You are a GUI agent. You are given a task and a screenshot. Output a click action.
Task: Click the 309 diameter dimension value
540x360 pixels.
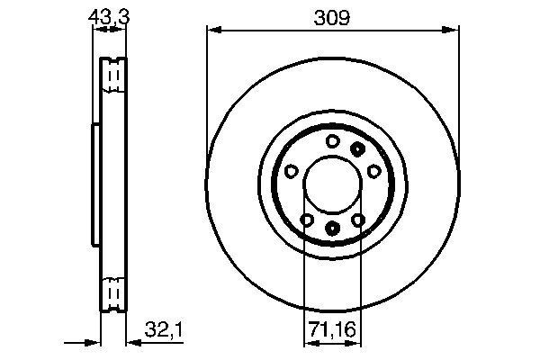[330, 16]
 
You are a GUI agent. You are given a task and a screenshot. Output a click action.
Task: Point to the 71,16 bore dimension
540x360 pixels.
[331, 329]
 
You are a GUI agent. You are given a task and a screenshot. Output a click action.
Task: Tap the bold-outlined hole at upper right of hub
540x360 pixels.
[358, 148]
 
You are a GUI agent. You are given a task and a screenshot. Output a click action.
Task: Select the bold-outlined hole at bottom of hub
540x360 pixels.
[332, 229]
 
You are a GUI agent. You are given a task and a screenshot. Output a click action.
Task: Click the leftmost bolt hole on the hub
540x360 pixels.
[291, 171]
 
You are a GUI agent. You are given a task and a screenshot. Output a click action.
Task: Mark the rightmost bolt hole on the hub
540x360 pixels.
[373, 171]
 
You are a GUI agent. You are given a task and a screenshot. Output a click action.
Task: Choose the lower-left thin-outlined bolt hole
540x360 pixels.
[306, 220]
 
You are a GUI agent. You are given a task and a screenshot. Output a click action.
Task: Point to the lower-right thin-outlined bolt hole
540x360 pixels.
[358, 220]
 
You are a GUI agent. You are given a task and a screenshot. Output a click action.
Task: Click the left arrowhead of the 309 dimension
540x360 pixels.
[212, 30]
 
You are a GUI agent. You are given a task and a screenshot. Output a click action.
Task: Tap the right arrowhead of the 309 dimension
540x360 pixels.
[450, 30]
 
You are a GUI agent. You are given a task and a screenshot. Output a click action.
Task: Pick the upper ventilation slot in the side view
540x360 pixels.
[113, 77]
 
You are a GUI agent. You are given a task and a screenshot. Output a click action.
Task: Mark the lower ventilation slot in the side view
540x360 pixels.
[113, 292]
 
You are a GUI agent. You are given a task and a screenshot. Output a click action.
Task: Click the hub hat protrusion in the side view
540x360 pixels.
[94, 184]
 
